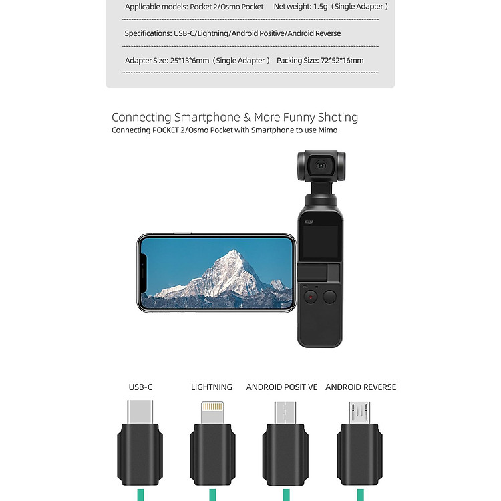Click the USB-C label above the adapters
click(x=140, y=387)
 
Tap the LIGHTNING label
click(x=212, y=387)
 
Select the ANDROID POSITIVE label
click(x=281, y=387)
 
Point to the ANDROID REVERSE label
click(x=361, y=387)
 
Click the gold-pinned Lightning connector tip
click(x=212, y=412)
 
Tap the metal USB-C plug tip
click(x=140, y=411)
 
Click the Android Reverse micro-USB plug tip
click(x=359, y=413)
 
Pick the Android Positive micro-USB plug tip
click(x=285, y=413)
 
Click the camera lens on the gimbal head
click(x=321, y=166)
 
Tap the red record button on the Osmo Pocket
click(x=310, y=297)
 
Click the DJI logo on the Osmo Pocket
click(x=309, y=222)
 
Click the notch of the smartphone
click(x=144, y=273)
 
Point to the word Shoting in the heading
click(x=338, y=118)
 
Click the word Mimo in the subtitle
click(x=328, y=130)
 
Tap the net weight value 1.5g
click(x=320, y=7)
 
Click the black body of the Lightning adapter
click(x=212, y=454)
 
